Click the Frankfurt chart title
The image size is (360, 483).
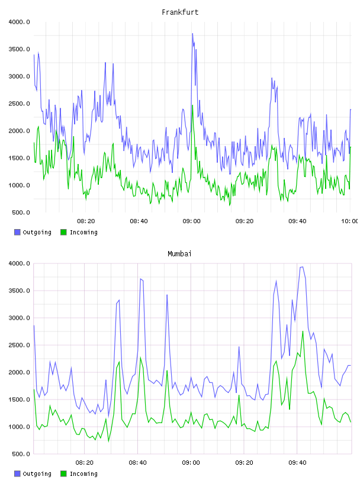pos(180,12)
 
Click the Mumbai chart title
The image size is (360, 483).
pos(179,253)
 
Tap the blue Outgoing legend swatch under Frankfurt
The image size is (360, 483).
pos(17,232)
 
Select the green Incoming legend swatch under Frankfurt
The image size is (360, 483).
pos(63,232)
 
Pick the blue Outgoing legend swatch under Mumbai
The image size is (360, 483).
pos(17,474)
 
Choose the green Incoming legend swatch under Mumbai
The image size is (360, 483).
pos(63,474)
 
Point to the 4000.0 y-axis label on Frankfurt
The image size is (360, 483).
pos(20,22)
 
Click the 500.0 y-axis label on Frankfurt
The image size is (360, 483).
pos(21,212)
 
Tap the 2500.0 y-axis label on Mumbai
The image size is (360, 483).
pos(20,345)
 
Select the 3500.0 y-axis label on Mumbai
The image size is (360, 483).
pos(20,291)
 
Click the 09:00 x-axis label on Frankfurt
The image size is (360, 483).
pos(191,221)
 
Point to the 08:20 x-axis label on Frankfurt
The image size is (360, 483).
pos(86,221)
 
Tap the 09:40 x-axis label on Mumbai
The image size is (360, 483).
pos(297,462)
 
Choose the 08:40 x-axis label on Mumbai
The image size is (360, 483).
pos(138,462)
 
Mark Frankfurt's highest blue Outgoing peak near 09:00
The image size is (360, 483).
pos(192,34)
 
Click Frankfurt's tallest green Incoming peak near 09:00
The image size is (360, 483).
pos(192,105)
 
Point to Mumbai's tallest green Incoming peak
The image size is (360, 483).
pos(303,331)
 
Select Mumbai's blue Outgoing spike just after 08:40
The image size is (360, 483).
pos(140,279)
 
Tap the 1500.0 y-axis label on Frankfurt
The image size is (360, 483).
pos(20,158)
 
